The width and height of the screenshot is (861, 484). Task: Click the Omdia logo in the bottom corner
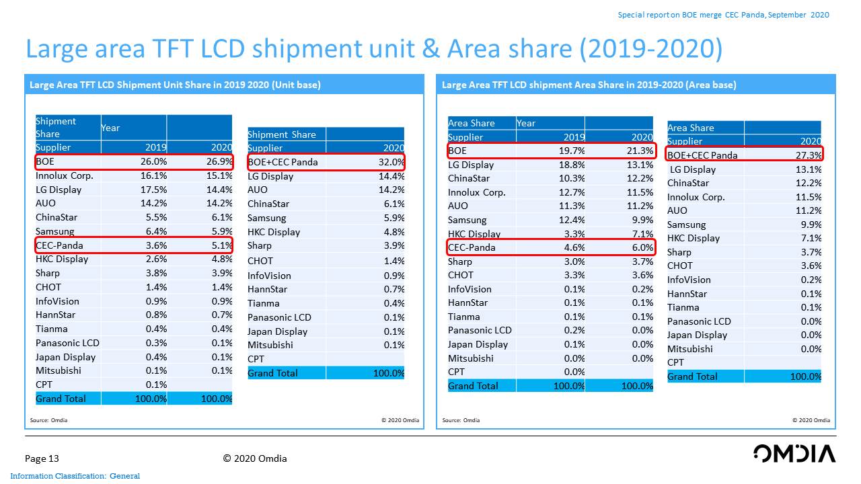click(x=794, y=453)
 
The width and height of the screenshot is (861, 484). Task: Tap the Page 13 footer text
click(x=42, y=458)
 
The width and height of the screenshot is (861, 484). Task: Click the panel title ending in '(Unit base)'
click(x=175, y=85)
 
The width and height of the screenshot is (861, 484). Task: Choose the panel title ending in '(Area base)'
click(x=589, y=85)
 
